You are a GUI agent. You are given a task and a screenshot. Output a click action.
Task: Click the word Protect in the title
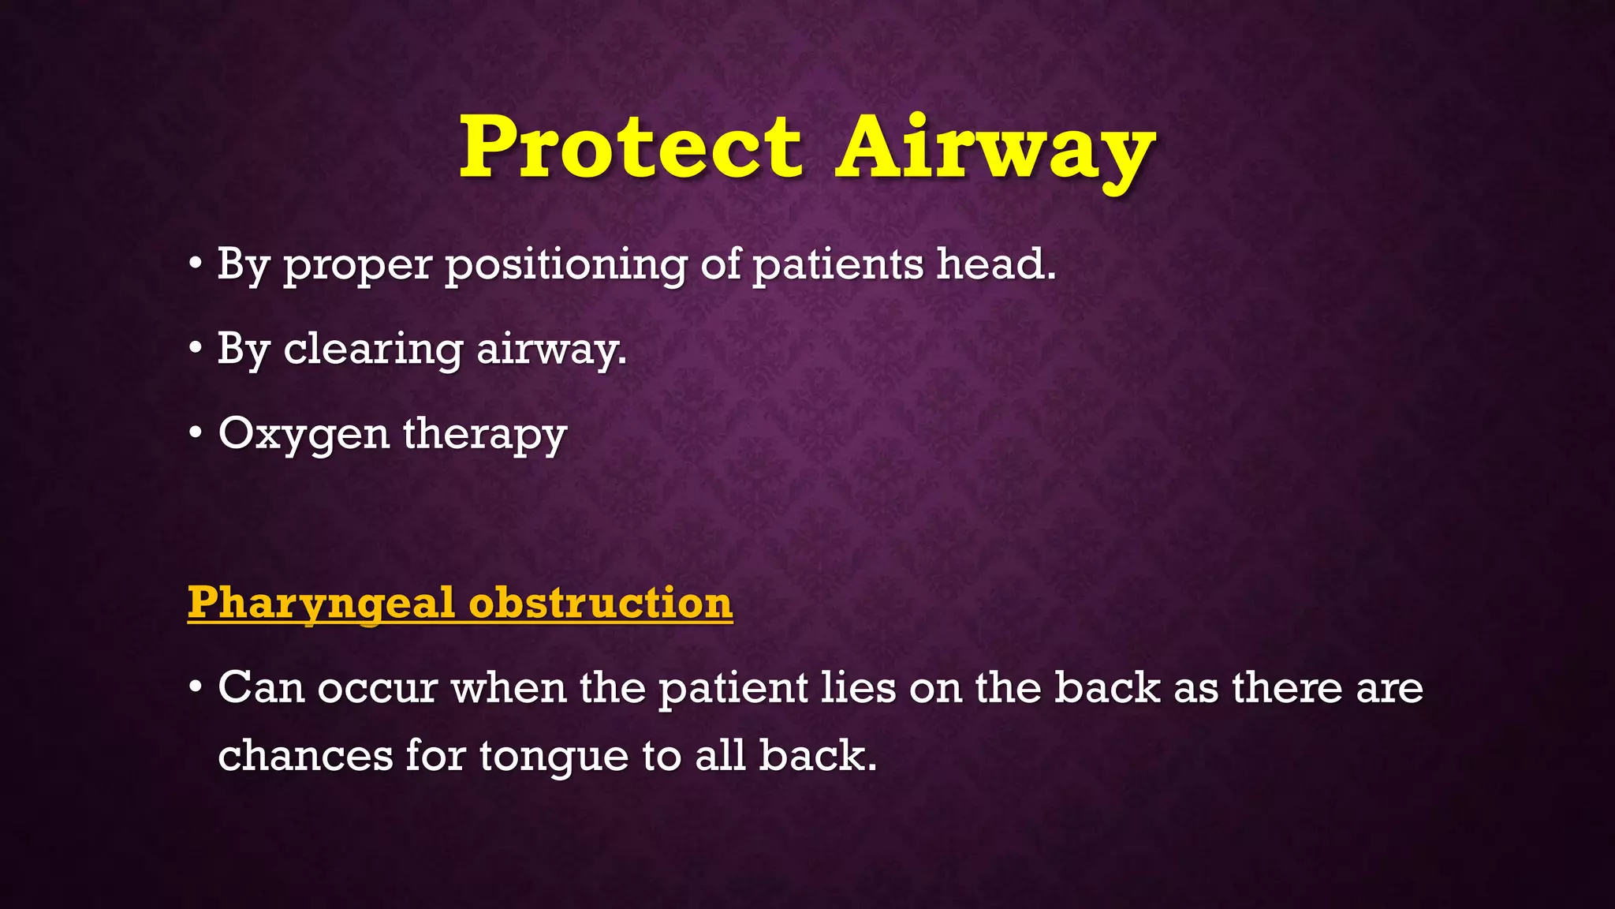pos(631,148)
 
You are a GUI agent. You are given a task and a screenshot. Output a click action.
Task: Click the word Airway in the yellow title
pos(995,148)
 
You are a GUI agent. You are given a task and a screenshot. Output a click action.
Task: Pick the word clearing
pos(373,349)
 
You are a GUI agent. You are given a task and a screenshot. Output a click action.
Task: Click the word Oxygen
pos(304,434)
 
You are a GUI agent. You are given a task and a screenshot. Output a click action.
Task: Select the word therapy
pos(485,434)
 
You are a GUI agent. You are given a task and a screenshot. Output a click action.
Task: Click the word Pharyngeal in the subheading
pos(321,604)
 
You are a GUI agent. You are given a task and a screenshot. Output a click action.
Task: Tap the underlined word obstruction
pos(601,603)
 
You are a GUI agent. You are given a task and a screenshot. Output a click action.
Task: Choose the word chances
pos(305,755)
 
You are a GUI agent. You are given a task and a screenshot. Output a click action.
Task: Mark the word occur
pos(377,688)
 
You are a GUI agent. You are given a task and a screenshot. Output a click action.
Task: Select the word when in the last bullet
pos(509,687)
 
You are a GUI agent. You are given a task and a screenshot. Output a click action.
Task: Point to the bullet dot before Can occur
pos(196,687)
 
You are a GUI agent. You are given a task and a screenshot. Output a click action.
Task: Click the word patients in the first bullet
pos(838,264)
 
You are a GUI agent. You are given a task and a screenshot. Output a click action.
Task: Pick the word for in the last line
pos(435,755)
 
